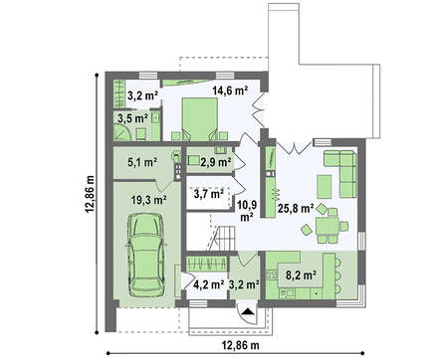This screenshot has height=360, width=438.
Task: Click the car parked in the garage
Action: [x=146, y=255]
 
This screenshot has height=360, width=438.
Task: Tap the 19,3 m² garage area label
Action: [x=148, y=200]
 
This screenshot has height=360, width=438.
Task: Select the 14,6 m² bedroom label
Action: [x=231, y=90]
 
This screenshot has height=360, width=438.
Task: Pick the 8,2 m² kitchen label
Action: [x=300, y=274]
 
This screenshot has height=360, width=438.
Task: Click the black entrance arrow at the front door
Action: [x=248, y=311]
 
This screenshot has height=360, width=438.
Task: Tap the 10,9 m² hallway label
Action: [x=248, y=210]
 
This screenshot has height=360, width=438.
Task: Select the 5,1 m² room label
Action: [x=142, y=162]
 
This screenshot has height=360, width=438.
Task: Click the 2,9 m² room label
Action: [x=216, y=162]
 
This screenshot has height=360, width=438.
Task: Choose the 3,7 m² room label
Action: [x=208, y=194]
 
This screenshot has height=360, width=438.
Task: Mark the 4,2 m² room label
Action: [x=208, y=284]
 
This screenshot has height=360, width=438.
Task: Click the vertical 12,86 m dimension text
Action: [x=90, y=194]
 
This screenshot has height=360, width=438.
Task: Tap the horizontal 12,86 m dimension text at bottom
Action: [x=240, y=345]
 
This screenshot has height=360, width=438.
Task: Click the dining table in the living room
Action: [x=328, y=226]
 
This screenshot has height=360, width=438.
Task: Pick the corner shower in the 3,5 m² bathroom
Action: [x=122, y=132]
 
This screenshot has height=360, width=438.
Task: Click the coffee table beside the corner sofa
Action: [x=325, y=187]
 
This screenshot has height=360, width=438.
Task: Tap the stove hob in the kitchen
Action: [x=272, y=275]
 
